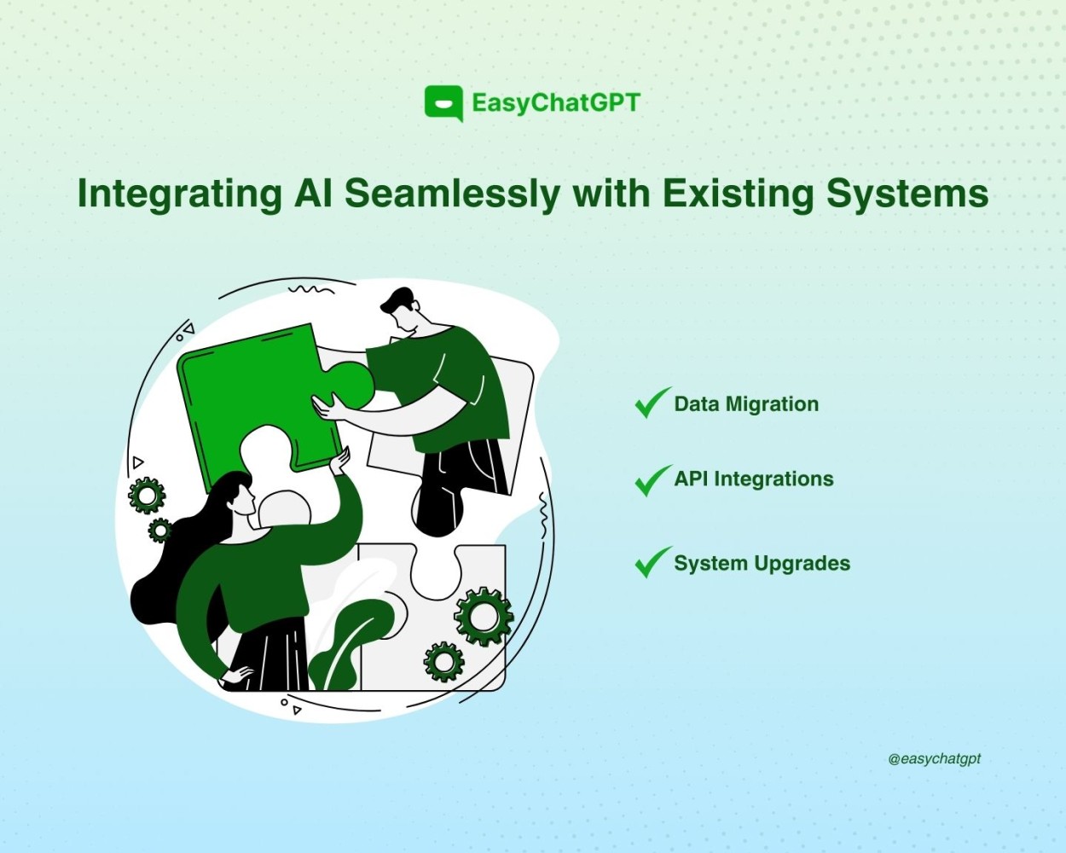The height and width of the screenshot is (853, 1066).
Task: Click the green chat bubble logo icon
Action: (443, 103)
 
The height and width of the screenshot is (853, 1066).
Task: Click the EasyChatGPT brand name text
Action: (556, 103)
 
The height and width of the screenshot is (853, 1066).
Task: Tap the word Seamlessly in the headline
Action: (452, 194)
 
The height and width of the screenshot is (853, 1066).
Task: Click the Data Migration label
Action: (746, 405)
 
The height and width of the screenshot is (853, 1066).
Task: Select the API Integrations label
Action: (754, 479)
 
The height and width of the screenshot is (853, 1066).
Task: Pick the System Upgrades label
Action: (762, 564)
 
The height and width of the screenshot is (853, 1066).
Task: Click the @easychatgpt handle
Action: (934, 759)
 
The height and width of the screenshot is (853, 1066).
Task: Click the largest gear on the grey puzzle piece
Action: (484, 617)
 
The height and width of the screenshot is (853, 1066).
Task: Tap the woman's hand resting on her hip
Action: (239, 674)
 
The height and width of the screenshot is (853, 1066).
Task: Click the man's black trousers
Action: (458, 485)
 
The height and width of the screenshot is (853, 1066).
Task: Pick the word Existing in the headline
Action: (738, 194)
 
